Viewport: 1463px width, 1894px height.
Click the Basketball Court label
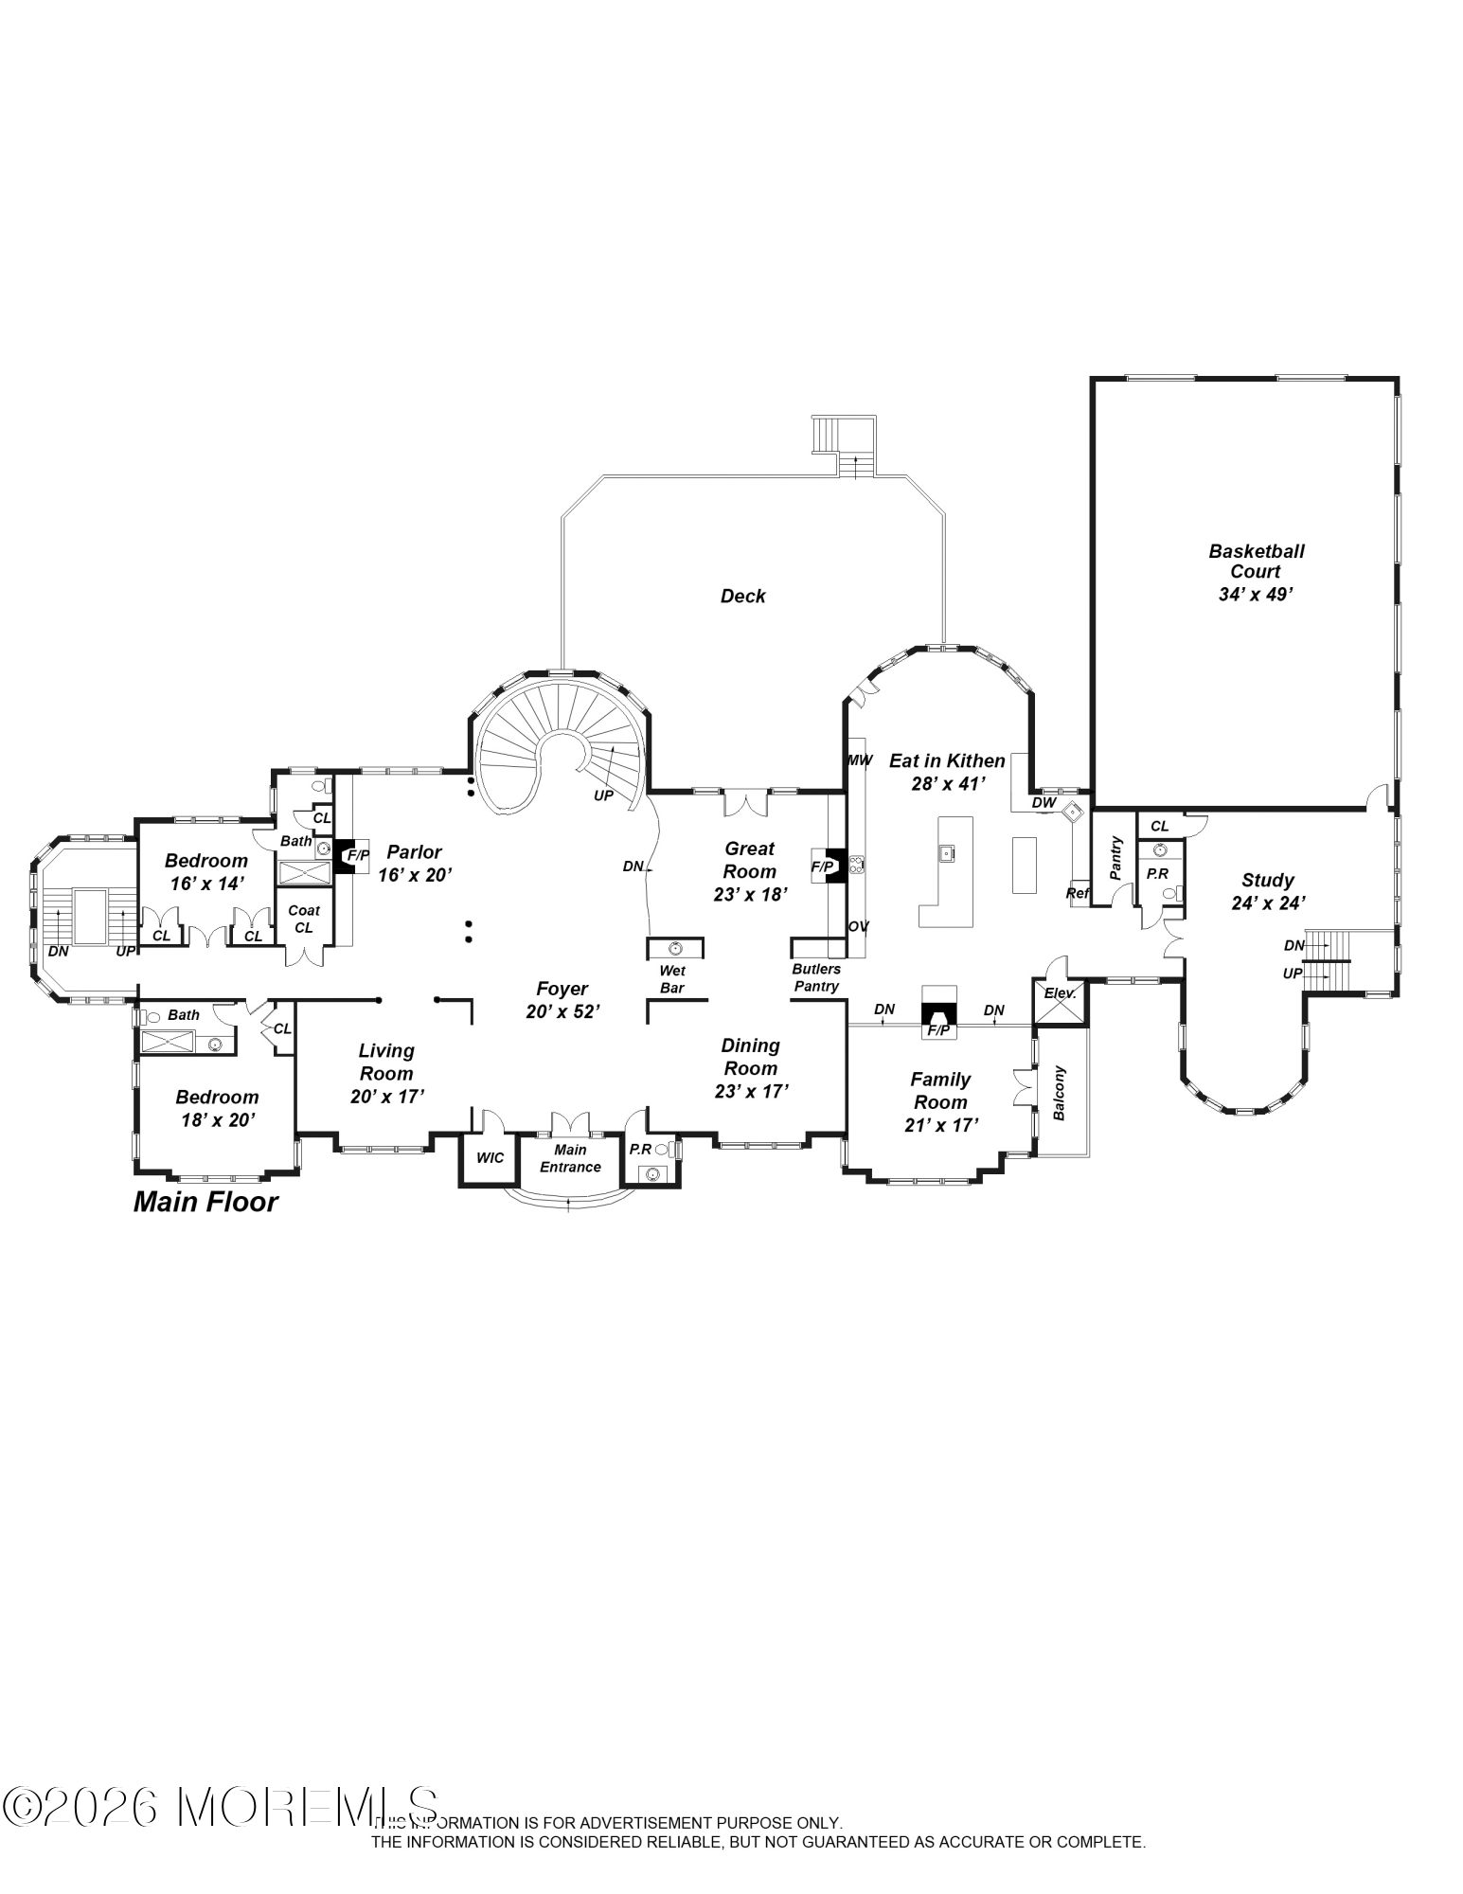tap(1255, 562)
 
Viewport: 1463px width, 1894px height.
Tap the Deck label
tap(742, 596)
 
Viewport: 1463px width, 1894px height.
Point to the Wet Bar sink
tap(674, 948)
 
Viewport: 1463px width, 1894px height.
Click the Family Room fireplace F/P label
tap(938, 1029)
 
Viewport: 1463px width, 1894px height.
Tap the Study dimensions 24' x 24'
tap(1268, 903)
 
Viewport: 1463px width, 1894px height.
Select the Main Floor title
tap(205, 1202)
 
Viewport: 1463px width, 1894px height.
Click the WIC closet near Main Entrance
tap(490, 1157)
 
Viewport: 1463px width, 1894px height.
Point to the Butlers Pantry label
tap(816, 977)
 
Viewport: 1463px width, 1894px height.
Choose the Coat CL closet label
tap(304, 919)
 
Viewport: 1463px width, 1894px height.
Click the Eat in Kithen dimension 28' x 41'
tap(947, 783)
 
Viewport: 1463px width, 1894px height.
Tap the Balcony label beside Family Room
tap(1060, 1093)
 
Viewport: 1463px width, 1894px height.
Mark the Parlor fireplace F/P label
tap(358, 855)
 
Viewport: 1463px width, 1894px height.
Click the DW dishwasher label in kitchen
tap(1044, 802)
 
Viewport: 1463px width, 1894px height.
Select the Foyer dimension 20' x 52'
tap(562, 1011)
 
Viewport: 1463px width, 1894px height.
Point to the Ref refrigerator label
tap(1078, 892)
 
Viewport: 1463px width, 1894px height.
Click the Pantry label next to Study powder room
tap(1115, 858)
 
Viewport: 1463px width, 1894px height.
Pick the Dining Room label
tap(750, 1057)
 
